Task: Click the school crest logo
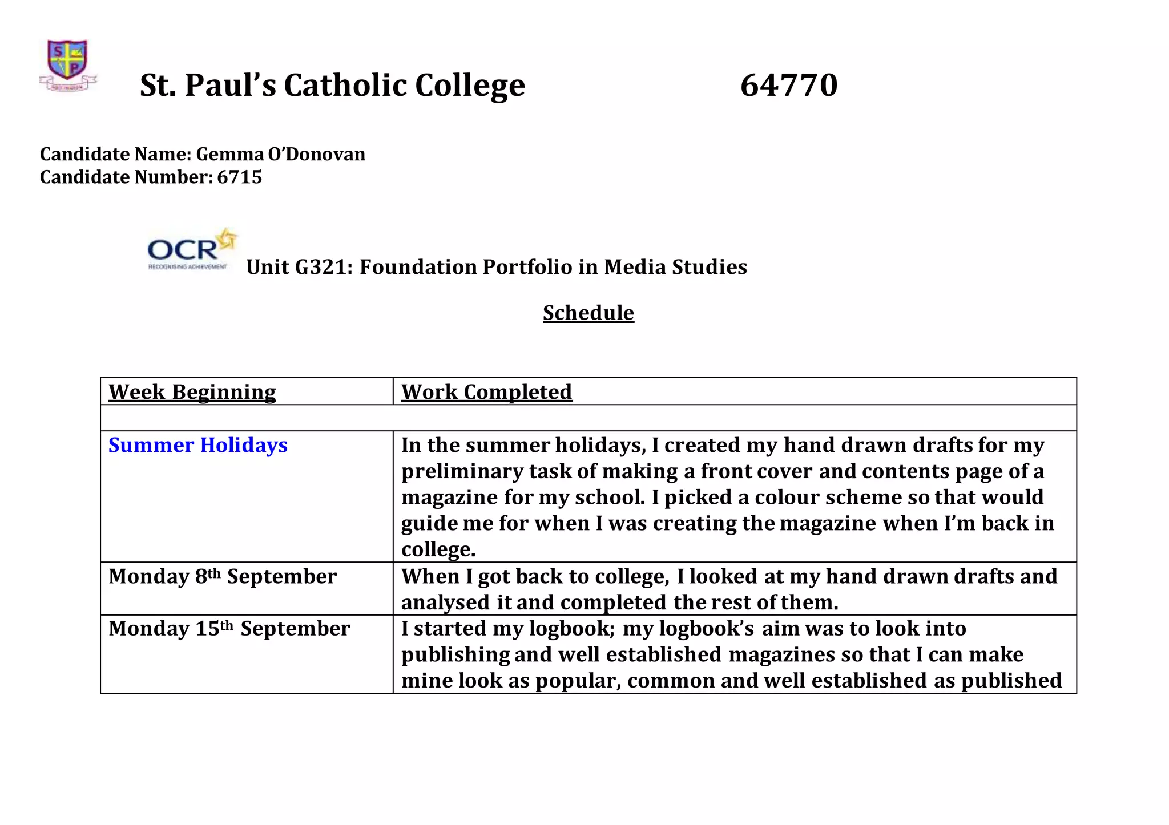tap(68, 64)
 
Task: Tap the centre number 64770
tap(789, 85)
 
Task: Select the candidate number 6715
tap(240, 177)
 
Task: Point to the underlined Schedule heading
tap(588, 313)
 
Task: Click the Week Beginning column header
tap(192, 392)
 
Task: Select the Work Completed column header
tap(486, 392)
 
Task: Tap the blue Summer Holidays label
tap(198, 445)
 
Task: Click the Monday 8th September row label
tap(223, 576)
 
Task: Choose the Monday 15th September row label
tap(229, 629)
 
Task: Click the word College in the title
tap(470, 85)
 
